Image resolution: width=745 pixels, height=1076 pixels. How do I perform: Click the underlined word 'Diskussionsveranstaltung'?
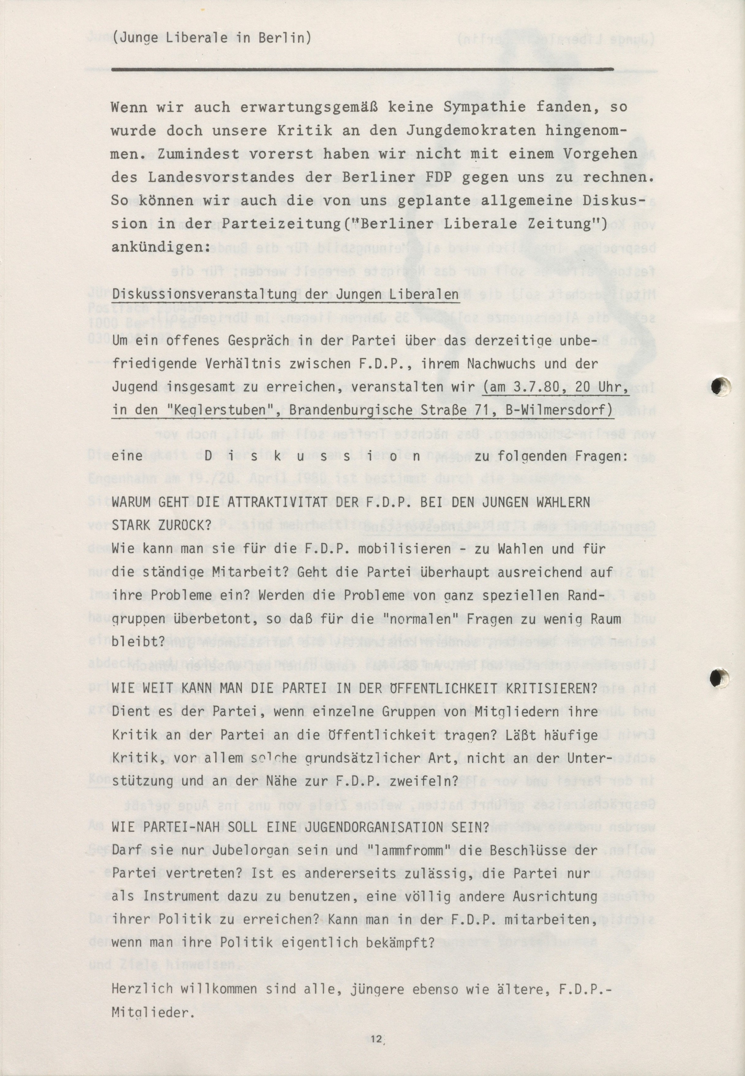click(x=204, y=295)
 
